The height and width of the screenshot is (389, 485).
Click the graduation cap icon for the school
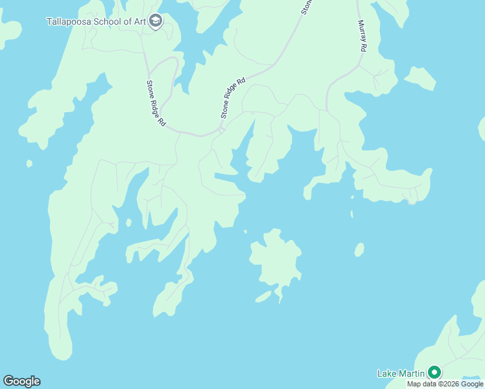pos(156,21)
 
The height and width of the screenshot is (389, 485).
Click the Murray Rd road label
pos(362,36)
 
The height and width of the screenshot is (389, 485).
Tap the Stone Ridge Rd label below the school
pos(156,102)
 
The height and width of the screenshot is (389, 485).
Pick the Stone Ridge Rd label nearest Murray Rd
pos(233,98)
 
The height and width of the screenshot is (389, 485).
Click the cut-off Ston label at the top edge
pos(307,6)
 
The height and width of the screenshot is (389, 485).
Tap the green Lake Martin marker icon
pos(434,372)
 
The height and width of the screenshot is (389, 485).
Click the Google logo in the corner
pos(21,381)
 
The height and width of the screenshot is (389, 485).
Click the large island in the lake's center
pos(276,259)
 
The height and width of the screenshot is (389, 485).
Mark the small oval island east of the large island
pos(359,250)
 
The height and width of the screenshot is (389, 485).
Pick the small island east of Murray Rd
pos(420,78)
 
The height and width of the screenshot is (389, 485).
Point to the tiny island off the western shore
pos(29,163)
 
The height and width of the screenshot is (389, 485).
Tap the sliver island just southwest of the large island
pos(263,296)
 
